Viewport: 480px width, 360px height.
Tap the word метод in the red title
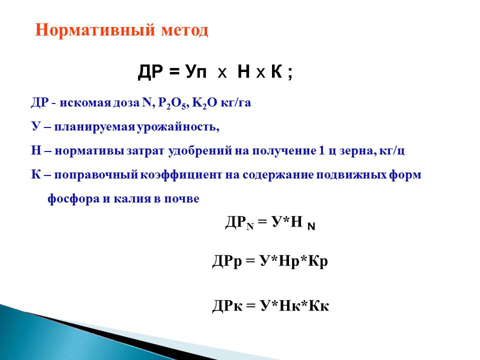click(185, 30)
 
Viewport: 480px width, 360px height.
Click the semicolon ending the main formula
click(290, 74)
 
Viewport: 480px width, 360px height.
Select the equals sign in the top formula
click(173, 72)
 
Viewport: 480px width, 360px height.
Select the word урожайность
click(178, 126)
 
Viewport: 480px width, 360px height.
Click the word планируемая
click(94, 127)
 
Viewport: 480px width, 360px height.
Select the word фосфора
click(74, 199)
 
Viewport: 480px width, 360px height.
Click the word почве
click(182, 198)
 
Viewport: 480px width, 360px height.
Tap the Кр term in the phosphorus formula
click(318, 261)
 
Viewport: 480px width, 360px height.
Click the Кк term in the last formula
click(318, 305)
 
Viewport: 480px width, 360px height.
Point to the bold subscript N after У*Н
click(311, 226)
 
